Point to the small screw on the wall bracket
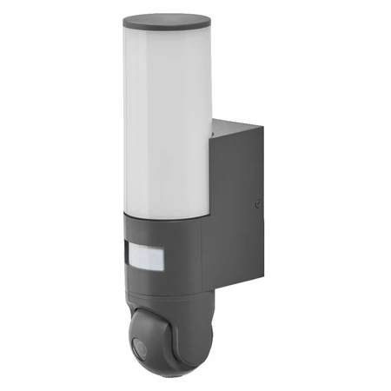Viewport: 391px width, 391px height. (x=257, y=205)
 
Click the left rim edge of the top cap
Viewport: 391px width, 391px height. (x=124, y=21)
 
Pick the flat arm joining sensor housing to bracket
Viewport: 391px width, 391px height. (x=214, y=261)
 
